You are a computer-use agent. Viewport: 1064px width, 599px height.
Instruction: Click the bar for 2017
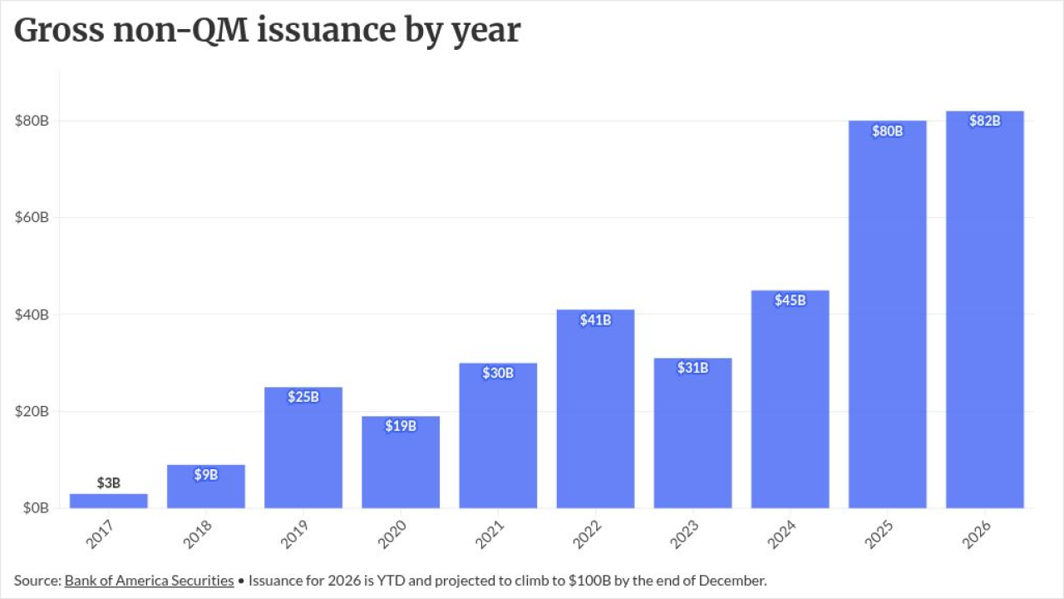108,501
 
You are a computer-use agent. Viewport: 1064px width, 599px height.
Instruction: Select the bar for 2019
303,448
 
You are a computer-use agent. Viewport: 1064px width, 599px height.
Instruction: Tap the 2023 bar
692,433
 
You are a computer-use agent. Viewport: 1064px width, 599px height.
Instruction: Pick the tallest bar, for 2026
985,309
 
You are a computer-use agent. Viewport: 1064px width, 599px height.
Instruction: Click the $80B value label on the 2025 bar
887,131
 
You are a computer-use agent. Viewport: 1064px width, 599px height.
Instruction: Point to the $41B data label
595,320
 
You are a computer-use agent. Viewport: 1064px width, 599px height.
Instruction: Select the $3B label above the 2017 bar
108,483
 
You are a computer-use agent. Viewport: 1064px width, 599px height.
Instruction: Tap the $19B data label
401,426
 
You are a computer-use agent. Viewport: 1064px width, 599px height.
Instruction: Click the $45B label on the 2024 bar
790,300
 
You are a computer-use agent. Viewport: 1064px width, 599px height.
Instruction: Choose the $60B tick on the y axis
32,217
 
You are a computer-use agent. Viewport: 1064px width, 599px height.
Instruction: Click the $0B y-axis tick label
36,507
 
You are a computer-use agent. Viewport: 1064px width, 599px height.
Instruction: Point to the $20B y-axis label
32,411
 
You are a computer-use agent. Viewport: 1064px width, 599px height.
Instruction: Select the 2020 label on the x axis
392,534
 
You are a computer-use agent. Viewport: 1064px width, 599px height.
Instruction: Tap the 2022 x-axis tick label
587,534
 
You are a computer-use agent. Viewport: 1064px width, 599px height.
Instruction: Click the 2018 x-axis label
197,534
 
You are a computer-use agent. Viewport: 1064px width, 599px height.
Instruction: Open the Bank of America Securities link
149,581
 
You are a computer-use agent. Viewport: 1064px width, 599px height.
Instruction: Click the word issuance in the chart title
327,30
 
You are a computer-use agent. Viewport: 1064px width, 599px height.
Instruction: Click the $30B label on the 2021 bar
498,374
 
